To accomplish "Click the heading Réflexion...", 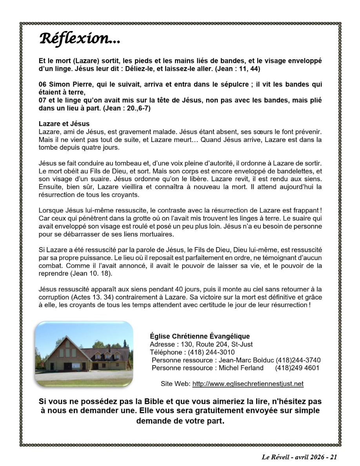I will pyautogui.click(x=80, y=39).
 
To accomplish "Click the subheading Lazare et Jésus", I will pyautogui.click(x=64, y=124).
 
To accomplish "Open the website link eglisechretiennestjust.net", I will pyautogui.click(x=248, y=384).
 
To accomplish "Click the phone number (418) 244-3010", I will pyautogui.click(x=211, y=352).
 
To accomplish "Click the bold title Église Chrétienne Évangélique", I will pyautogui.click(x=200, y=336).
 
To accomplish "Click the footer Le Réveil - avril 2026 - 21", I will pyautogui.click(x=299, y=457).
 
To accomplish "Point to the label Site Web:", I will pyautogui.click(x=175, y=384).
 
